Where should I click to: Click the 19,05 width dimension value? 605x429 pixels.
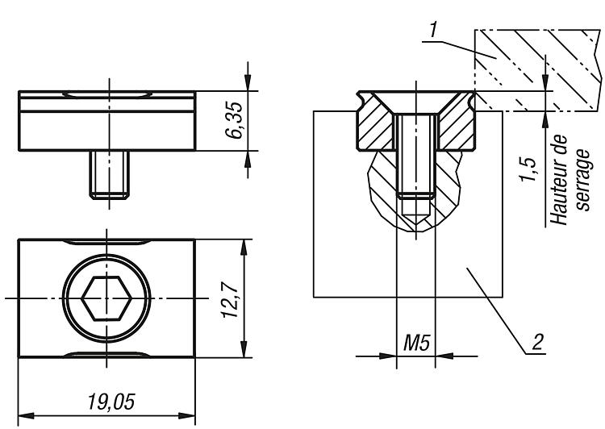pos(111,402)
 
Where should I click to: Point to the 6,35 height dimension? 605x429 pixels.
pos(234,120)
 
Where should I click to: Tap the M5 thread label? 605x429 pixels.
pos(416,343)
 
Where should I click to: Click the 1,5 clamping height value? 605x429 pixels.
pos(528,169)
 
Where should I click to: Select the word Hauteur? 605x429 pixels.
pos(558,180)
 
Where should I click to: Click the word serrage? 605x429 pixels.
pos(582,180)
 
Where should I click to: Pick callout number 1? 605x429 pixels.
pos(434,30)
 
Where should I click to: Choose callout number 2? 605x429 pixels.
pos(537,341)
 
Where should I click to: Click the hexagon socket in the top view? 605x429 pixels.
pos(106,298)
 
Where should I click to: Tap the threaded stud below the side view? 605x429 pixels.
pos(110,174)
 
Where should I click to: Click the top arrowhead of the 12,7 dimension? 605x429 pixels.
pos(244,248)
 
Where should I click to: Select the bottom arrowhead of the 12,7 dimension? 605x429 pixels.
pos(244,349)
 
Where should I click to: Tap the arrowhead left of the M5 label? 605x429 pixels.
pos(388,356)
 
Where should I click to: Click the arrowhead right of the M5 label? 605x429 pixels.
pos(444,356)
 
